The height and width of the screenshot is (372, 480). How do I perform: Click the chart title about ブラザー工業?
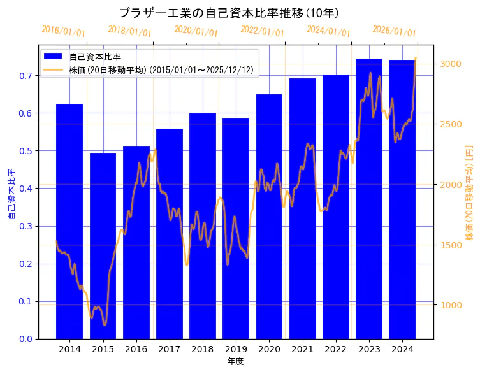(229, 13)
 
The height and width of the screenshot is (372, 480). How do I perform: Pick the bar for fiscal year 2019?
(236, 229)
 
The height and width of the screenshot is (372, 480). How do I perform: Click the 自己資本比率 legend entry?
(95, 57)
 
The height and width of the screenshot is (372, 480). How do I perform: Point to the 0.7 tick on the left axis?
(26, 76)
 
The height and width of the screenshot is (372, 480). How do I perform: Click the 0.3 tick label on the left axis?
(26, 226)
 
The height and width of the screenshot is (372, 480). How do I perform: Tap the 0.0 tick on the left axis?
(26, 339)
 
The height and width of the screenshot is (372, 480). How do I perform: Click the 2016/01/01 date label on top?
(63, 31)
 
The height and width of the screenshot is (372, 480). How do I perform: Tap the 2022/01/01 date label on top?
(262, 31)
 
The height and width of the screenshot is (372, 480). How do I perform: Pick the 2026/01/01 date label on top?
(394, 31)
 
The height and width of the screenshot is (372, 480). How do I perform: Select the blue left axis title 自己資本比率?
(11, 194)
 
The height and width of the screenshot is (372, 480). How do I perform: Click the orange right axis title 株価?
(469, 192)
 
